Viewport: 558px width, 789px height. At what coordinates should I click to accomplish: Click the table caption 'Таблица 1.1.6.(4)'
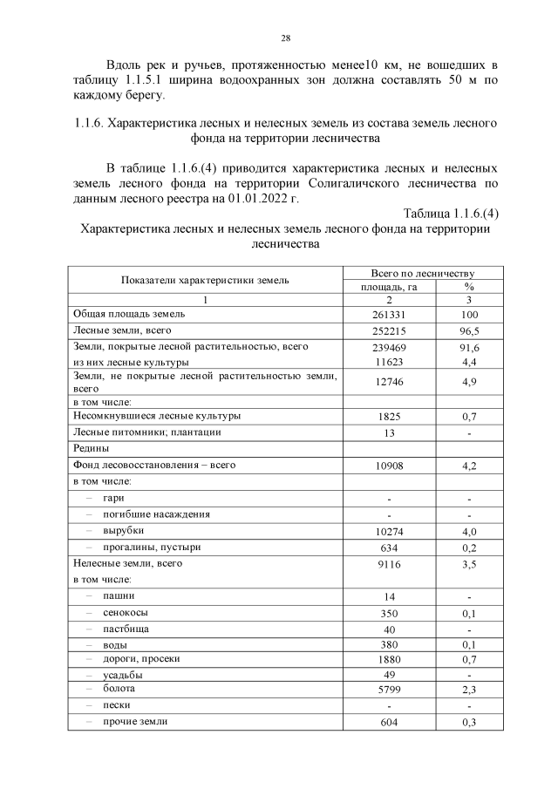tap(451, 214)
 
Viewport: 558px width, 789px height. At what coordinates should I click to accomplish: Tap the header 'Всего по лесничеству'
tap(422, 272)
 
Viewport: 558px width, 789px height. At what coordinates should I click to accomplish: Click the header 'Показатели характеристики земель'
tap(206, 280)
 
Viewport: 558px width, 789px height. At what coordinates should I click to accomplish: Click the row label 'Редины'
tap(92, 448)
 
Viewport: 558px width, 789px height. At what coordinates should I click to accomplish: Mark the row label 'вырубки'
tap(123, 530)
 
